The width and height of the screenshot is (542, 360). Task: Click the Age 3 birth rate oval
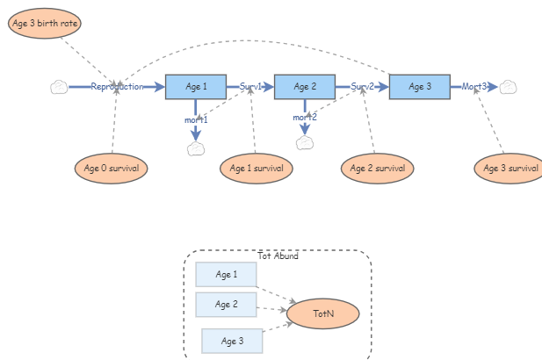tap(45, 23)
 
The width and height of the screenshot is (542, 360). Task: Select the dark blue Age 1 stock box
tap(196, 87)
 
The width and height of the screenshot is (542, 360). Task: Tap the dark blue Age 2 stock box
tap(306, 87)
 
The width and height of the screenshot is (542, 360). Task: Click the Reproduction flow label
tap(117, 87)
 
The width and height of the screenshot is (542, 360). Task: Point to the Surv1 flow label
tap(251, 87)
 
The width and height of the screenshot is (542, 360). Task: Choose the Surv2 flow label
tap(362, 87)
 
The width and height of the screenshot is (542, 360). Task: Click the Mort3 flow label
tap(474, 87)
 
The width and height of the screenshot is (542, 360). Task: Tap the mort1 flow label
tap(196, 119)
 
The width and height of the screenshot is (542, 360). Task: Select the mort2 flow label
tap(305, 118)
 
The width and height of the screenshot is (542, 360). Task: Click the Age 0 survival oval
tap(112, 168)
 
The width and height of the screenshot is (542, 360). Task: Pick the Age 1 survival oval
tap(256, 168)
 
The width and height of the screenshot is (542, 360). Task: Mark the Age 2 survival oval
tap(377, 168)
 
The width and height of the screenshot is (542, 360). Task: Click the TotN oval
tap(323, 313)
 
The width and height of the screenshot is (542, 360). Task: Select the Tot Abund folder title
tap(278, 256)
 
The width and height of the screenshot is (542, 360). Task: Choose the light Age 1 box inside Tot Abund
tap(226, 275)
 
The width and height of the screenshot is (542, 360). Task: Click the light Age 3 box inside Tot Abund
tap(232, 341)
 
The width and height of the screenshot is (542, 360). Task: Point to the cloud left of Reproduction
tap(59, 87)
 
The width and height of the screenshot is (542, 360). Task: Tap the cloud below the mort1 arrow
tap(196, 148)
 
